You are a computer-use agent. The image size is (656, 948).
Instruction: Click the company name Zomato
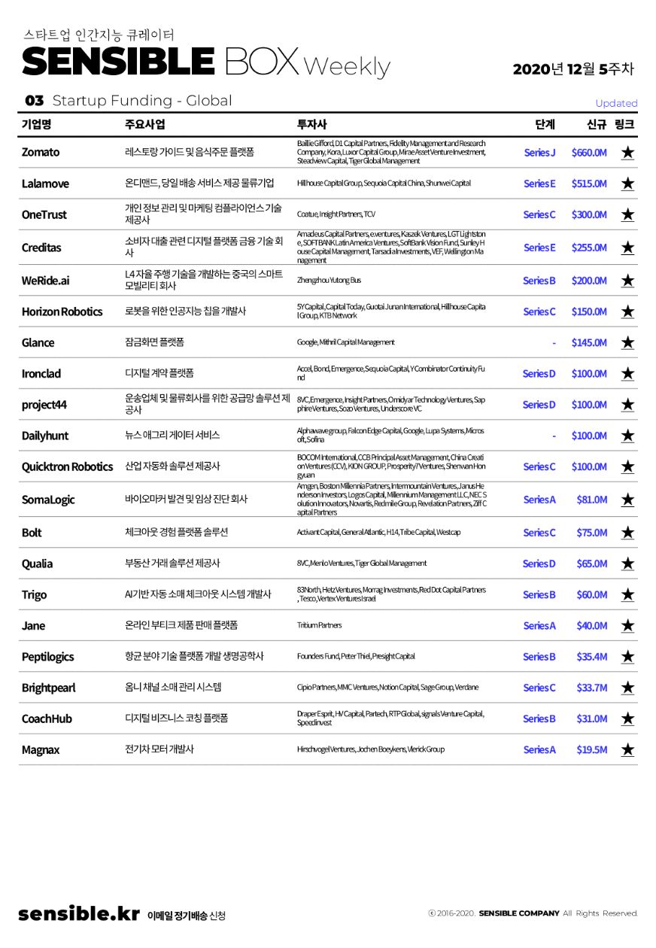tap(41, 152)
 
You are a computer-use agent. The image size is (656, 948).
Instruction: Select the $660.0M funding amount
tap(589, 152)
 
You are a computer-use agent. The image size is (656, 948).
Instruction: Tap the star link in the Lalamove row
tap(627, 184)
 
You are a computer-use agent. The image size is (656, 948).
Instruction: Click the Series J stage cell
tap(539, 152)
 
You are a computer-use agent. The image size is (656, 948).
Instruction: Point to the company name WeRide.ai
tap(45, 281)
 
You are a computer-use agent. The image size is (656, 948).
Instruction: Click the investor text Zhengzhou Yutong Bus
tap(329, 280)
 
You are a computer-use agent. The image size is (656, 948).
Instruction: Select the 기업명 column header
tap(36, 124)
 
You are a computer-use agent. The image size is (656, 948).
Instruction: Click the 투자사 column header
tap(312, 124)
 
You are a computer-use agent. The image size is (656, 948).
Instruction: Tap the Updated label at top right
tap(616, 103)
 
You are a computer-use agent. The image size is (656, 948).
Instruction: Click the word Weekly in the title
tap(347, 66)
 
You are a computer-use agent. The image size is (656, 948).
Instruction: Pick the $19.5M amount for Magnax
tap(591, 749)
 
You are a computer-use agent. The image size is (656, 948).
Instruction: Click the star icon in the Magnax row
tap(627, 749)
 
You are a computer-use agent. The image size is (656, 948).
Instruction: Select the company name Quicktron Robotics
tap(67, 466)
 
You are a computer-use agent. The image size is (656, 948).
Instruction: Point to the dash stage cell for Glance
tap(554, 343)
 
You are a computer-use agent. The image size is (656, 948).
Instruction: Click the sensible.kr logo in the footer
tap(79, 913)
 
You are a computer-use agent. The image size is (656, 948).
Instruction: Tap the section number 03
tap(34, 101)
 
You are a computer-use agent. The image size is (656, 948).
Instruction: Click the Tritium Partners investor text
tap(319, 625)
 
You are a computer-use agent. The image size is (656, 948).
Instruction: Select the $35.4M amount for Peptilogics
tap(591, 657)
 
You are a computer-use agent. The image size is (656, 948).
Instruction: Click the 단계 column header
tap(545, 124)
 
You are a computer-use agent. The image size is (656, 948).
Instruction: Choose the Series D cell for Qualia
tap(539, 564)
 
